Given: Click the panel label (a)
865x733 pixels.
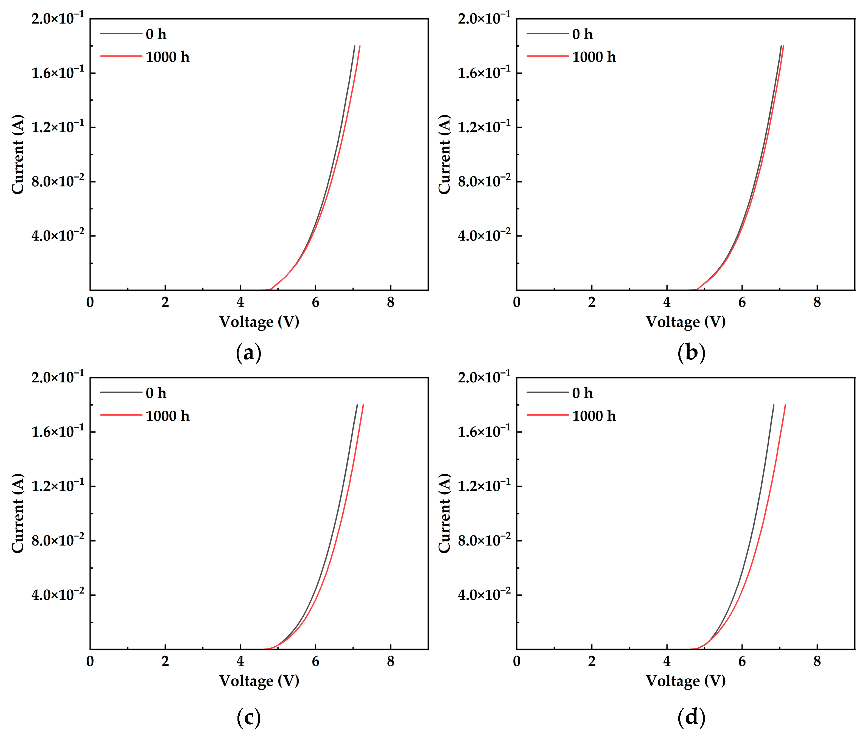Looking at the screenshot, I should tap(248, 353).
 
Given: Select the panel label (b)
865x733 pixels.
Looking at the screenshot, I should tap(691, 353).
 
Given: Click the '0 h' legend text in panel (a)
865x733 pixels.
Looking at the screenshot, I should tap(156, 34).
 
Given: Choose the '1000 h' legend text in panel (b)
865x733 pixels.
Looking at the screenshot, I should tap(594, 57).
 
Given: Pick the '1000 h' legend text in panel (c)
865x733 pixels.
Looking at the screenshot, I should tap(167, 416).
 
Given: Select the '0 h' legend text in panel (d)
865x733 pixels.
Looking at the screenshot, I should tap(582, 393).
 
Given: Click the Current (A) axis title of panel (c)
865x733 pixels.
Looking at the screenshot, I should tap(18, 513).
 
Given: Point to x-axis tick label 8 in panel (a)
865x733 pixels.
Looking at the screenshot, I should tap(390, 302).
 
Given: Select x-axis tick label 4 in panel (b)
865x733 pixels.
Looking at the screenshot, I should tap(667, 302).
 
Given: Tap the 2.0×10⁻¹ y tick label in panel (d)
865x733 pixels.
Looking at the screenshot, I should tap(484, 377).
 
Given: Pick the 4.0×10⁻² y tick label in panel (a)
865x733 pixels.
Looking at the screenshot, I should tap(58, 236).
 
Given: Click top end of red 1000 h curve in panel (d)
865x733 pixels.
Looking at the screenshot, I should tap(785, 405).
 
